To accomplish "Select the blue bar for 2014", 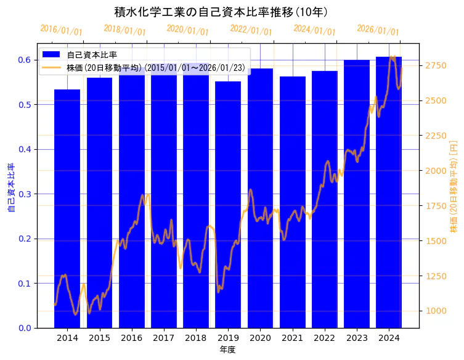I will point(67,210).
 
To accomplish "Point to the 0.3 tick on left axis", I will point(24,194).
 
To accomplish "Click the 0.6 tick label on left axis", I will point(24,60).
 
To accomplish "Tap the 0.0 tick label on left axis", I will point(24,328).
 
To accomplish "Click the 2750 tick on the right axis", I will point(436,65).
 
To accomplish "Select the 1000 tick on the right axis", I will point(436,311).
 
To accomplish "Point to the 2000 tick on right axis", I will point(436,171).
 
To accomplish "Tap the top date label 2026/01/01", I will point(378,30).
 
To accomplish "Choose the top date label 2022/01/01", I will point(251,30).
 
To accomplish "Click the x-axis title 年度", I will point(227,350).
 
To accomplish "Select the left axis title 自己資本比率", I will point(10,188).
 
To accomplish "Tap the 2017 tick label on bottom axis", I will point(163,338).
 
